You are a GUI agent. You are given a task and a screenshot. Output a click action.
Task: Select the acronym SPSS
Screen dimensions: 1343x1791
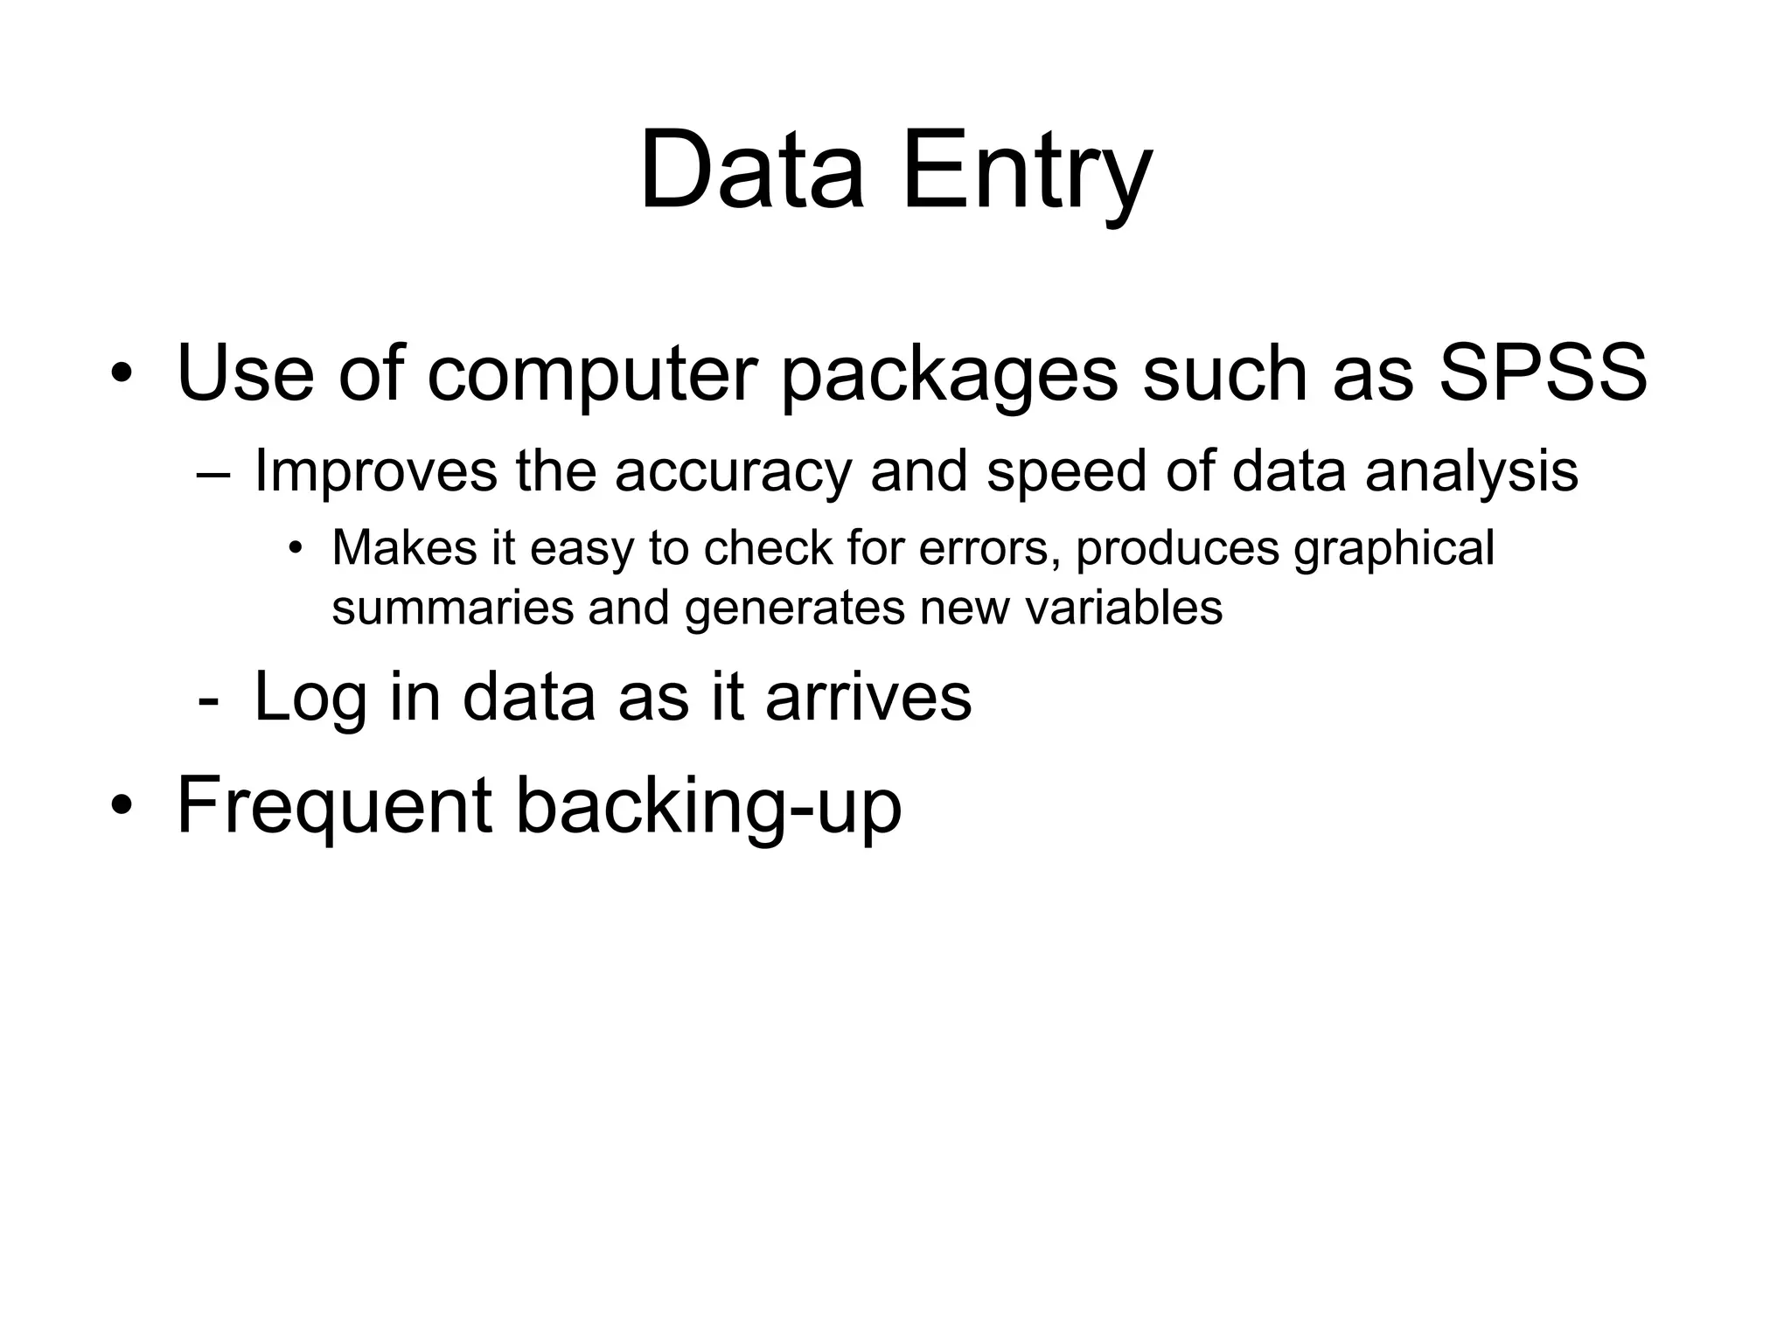coord(1543,374)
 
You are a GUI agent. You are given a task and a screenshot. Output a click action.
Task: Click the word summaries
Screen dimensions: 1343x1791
coord(452,608)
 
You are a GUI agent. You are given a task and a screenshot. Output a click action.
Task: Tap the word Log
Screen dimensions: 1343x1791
coord(310,699)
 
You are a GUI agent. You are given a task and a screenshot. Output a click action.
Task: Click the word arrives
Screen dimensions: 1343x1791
coord(868,697)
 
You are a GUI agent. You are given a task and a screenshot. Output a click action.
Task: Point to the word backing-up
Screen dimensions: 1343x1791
coord(708,806)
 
